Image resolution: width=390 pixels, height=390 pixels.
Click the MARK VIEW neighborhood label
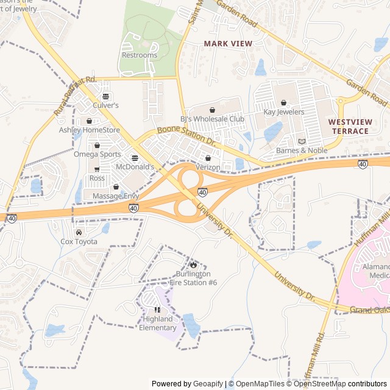pyautogui.click(x=227, y=44)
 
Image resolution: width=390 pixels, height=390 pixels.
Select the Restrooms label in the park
pyautogui.click(x=139, y=55)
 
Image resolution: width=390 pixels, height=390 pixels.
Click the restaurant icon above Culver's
pyautogui.click(x=106, y=96)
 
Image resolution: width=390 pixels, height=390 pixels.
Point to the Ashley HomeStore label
pyautogui.click(x=90, y=130)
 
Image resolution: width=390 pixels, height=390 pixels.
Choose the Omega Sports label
pyautogui.click(x=97, y=154)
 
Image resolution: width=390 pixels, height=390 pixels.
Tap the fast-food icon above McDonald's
pyautogui.click(x=135, y=157)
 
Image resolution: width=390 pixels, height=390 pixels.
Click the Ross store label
pyautogui.click(x=97, y=178)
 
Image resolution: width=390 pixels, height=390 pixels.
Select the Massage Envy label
pyautogui.click(x=116, y=196)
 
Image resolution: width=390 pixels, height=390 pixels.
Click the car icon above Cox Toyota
pyautogui.click(x=79, y=232)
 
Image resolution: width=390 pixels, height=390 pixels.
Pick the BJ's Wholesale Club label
pyautogui.click(x=211, y=119)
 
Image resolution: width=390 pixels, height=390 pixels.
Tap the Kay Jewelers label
pyautogui.click(x=283, y=112)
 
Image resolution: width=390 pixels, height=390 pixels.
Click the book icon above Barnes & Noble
pyautogui.click(x=301, y=141)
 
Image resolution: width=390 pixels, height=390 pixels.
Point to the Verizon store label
pyautogui.click(x=208, y=167)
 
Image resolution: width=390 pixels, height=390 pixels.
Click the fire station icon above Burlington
pyautogui.click(x=193, y=264)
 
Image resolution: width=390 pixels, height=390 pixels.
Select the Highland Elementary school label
pyautogui.click(x=158, y=322)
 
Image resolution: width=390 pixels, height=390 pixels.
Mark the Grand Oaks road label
pyautogui.click(x=370, y=309)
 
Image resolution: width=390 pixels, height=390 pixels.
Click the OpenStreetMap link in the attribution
pyautogui.click(x=319, y=384)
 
